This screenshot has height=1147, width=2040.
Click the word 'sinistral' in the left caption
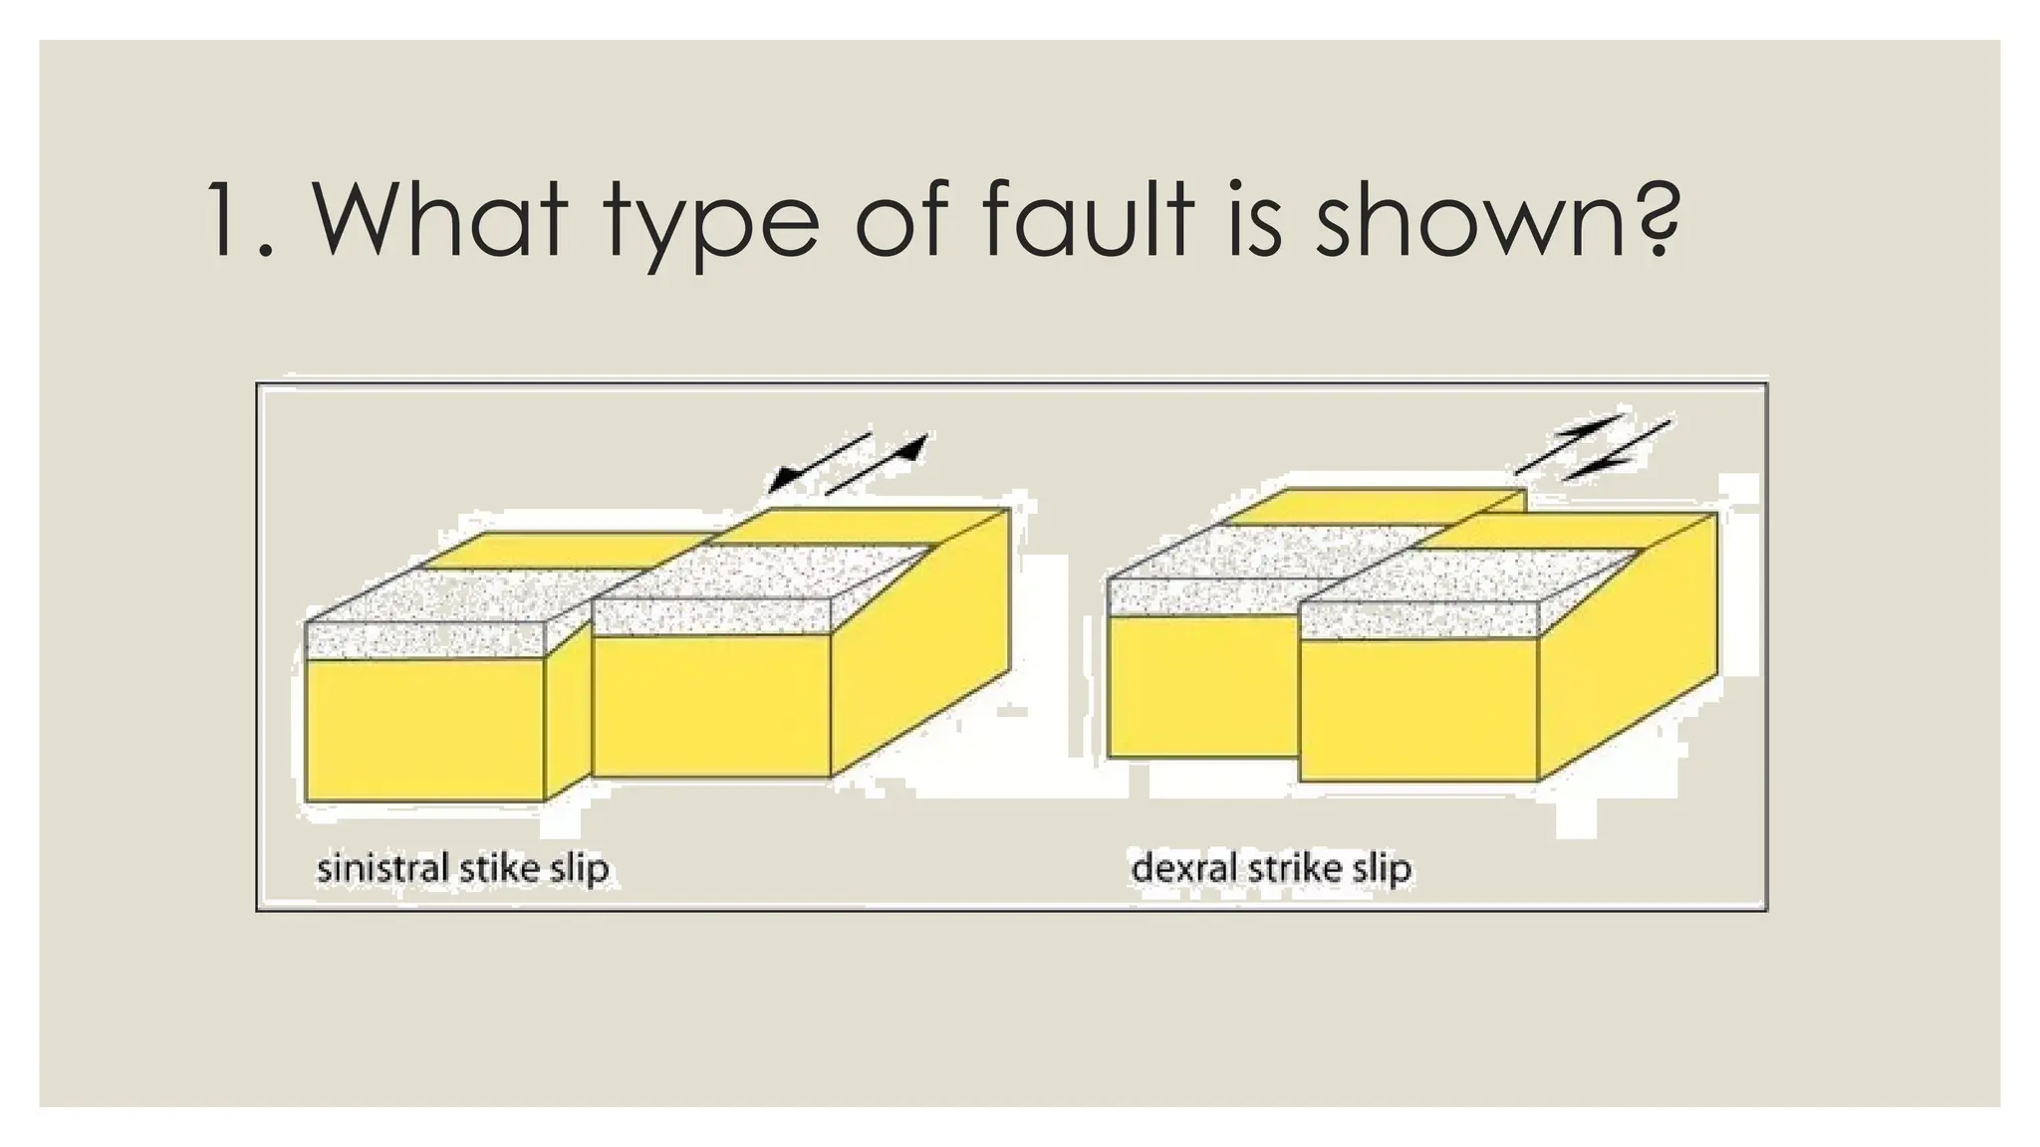[382, 868]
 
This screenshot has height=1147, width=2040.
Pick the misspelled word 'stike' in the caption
[499, 868]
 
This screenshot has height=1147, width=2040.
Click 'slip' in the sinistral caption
[579, 870]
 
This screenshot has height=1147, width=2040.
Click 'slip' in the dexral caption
[1382, 870]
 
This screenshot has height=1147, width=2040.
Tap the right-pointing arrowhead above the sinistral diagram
[910, 448]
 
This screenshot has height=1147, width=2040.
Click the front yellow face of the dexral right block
[1419, 709]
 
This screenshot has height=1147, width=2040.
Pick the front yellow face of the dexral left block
[1203, 687]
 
